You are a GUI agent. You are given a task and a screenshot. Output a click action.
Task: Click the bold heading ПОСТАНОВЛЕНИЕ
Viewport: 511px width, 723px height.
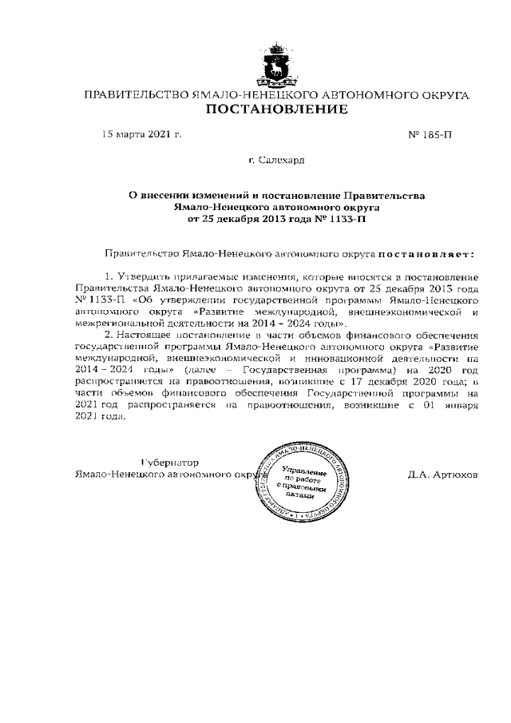point(276,109)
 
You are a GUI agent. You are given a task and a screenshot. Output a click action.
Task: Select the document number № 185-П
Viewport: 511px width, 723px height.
point(430,134)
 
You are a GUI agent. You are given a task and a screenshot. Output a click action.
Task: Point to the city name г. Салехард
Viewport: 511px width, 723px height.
point(276,161)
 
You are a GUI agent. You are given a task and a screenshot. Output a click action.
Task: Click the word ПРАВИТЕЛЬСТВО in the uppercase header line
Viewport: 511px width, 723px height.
point(136,95)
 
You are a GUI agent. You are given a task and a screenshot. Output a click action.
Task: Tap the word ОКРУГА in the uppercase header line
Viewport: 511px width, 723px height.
point(439,95)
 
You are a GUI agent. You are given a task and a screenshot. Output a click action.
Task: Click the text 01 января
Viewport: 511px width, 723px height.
point(454,404)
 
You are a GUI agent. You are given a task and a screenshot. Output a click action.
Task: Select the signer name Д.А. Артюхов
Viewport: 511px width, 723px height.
point(442,474)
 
